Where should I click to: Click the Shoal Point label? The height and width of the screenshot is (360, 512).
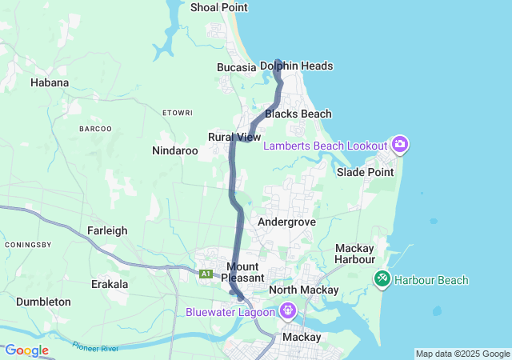click(219, 7)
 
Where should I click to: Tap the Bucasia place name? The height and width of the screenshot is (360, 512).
click(236, 67)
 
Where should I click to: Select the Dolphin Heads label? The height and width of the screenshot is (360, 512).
click(297, 66)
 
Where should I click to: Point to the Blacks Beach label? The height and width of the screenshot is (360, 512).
click(298, 114)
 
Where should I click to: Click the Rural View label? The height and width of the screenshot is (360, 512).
click(234, 138)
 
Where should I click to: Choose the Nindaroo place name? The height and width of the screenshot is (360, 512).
click(175, 150)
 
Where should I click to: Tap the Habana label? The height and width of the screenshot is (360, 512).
click(50, 82)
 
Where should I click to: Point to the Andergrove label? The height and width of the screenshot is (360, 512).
click(287, 222)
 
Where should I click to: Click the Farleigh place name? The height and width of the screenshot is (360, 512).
click(107, 231)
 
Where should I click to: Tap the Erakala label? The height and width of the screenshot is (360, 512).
click(110, 284)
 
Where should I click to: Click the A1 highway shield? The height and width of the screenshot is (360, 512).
click(206, 274)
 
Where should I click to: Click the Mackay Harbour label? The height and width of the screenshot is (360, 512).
click(355, 254)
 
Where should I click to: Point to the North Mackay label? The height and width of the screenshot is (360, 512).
click(304, 290)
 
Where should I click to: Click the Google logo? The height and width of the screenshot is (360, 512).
click(26, 350)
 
